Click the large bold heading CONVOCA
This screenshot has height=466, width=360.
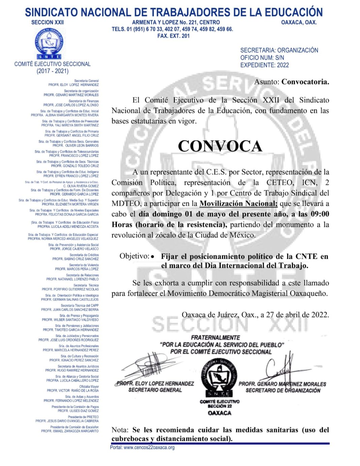[x=220, y=146]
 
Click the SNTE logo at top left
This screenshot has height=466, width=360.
[x=49, y=44]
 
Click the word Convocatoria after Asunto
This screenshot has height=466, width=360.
[x=305, y=82]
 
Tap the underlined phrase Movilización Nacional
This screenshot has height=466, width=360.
[x=238, y=204]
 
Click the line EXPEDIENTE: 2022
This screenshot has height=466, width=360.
[x=264, y=65]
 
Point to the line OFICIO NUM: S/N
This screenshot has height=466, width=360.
[x=262, y=58]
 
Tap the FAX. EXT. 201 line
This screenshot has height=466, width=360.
[x=173, y=36]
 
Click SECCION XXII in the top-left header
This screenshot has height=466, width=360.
[x=47, y=22]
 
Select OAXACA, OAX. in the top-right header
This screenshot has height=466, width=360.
[x=299, y=22]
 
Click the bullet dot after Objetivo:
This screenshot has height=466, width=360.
[x=153, y=257]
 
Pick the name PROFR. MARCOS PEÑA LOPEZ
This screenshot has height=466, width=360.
[x=77, y=269]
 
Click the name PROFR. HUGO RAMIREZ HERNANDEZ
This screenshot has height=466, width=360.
[x=72, y=370]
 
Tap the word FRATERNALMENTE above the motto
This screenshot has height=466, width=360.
[x=215, y=338]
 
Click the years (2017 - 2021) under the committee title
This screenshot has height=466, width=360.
[x=52, y=71]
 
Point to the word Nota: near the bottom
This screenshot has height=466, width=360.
[x=120, y=430]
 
